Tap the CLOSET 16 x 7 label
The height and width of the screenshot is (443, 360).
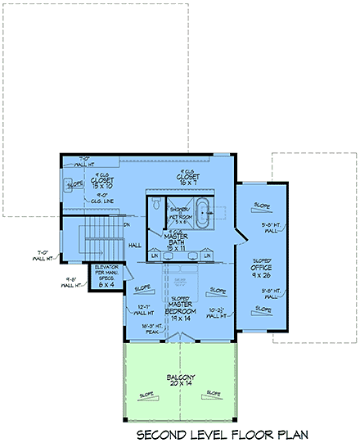(x=189, y=179)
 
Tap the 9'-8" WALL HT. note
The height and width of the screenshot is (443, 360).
(x=68, y=281)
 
